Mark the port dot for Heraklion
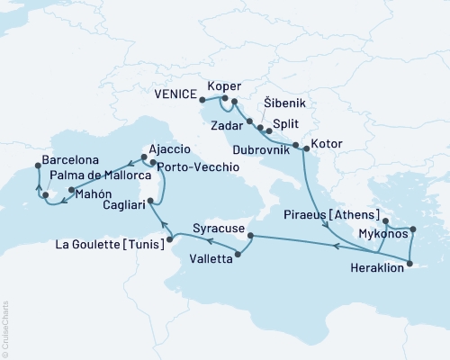(x=409, y=264)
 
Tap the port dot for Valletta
(x=238, y=256)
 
